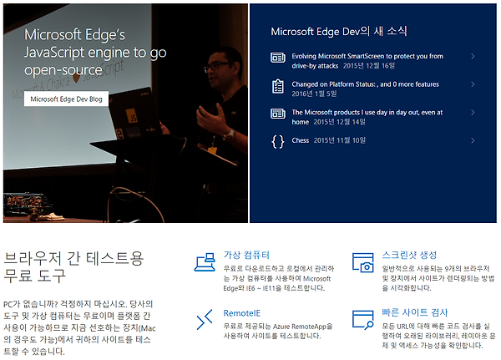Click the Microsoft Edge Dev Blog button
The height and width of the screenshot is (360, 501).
pos(66,99)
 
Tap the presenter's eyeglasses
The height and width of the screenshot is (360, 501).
pos(217,66)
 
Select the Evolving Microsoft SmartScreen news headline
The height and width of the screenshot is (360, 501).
pos(367,61)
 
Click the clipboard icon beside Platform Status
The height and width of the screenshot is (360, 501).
pos(278,86)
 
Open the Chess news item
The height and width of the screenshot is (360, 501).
pos(301,140)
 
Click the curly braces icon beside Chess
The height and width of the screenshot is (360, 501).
pos(278,141)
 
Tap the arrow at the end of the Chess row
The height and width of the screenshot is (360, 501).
pos(473,140)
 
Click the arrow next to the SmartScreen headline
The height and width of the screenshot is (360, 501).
pos(473,56)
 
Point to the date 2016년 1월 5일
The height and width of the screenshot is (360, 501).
pos(314,94)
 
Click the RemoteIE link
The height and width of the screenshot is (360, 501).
pos(242,313)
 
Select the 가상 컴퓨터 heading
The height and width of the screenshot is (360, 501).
pos(246,255)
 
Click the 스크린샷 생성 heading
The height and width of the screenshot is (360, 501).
pos(409,255)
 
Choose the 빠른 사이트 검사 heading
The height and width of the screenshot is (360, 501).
pos(415,312)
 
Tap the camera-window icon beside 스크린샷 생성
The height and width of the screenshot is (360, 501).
pos(363,262)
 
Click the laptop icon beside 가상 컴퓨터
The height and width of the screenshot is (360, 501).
pos(205,262)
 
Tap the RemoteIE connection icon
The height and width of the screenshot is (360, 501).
pos(205,319)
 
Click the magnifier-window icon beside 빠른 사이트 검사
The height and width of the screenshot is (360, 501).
pos(363,319)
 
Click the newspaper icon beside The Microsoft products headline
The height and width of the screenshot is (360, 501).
pos(278,114)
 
